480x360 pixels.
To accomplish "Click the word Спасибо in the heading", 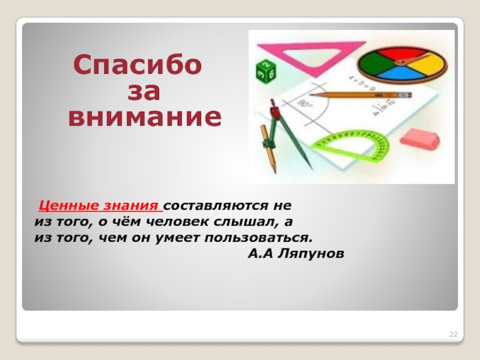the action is point(137,65).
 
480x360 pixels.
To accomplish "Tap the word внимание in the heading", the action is point(145,116).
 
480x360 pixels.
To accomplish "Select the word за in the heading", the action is point(143,91).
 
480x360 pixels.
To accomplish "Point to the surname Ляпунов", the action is point(311,254).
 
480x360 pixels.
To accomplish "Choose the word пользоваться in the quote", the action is point(259,238).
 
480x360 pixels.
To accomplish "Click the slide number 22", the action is point(454,334).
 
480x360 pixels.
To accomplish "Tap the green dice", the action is point(266,71).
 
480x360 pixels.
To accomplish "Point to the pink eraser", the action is point(420,139).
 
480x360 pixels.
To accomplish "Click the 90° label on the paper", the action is point(305,103).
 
